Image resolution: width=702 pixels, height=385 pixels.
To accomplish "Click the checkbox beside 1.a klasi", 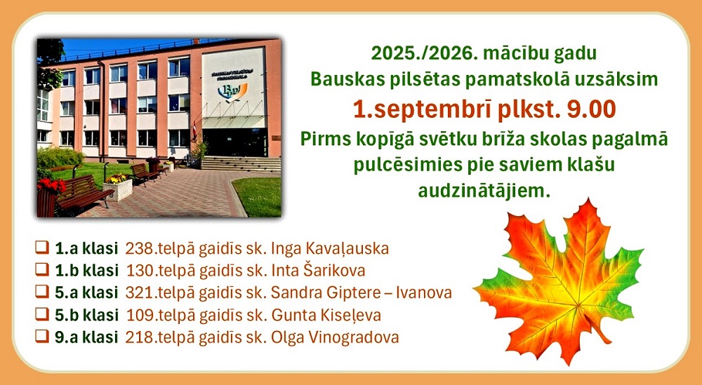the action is point(42,247).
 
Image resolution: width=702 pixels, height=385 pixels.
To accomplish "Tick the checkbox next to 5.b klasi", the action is point(42,314).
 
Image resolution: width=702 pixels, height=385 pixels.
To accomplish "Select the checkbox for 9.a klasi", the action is point(42,336).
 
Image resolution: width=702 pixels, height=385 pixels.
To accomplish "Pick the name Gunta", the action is point(286,316).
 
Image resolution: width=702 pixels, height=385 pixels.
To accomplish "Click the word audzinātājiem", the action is point(484,191).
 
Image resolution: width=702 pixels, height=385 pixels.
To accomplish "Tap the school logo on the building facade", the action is point(232,90).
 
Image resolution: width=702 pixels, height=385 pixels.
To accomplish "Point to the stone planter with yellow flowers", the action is point(117,188).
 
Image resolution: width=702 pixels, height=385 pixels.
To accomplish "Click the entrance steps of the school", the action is point(240,163).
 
